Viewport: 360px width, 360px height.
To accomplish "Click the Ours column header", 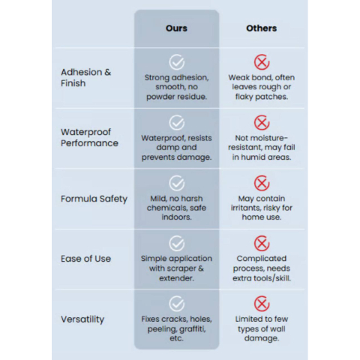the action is tap(176, 28).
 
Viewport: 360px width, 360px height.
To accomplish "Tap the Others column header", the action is tap(262, 28).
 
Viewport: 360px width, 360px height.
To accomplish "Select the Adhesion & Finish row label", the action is tap(85, 77).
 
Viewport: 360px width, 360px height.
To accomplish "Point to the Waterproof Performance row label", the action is tap(89, 137).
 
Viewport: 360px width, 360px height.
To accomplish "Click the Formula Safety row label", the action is tap(94, 199).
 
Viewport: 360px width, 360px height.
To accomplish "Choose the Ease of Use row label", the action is tap(85, 259).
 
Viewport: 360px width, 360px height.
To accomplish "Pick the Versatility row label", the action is tap(82, 319).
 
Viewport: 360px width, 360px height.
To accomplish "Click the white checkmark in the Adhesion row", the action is tap(177, 62).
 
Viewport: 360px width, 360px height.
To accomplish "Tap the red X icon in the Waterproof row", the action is tap(262, 123).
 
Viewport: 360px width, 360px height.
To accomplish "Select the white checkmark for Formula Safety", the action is tap(177, 183).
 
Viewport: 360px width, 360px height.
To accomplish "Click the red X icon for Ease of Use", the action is tap(262, 243).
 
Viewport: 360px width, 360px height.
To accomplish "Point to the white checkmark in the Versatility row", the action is tap(177, 304).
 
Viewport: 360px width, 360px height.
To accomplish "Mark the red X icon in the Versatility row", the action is tap(262, 304).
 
